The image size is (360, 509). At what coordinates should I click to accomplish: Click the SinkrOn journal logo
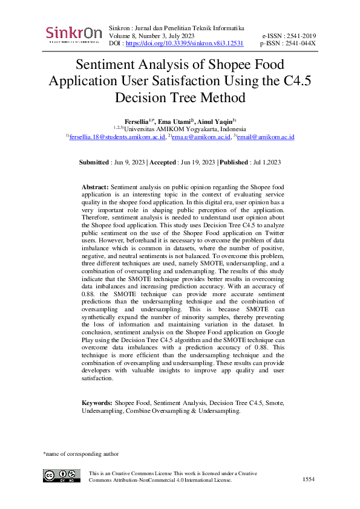[73, 34]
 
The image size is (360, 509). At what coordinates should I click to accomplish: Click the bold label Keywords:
[97, 403]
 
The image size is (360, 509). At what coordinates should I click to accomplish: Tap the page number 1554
[309, 479]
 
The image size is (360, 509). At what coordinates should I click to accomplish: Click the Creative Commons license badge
[61, 476]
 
